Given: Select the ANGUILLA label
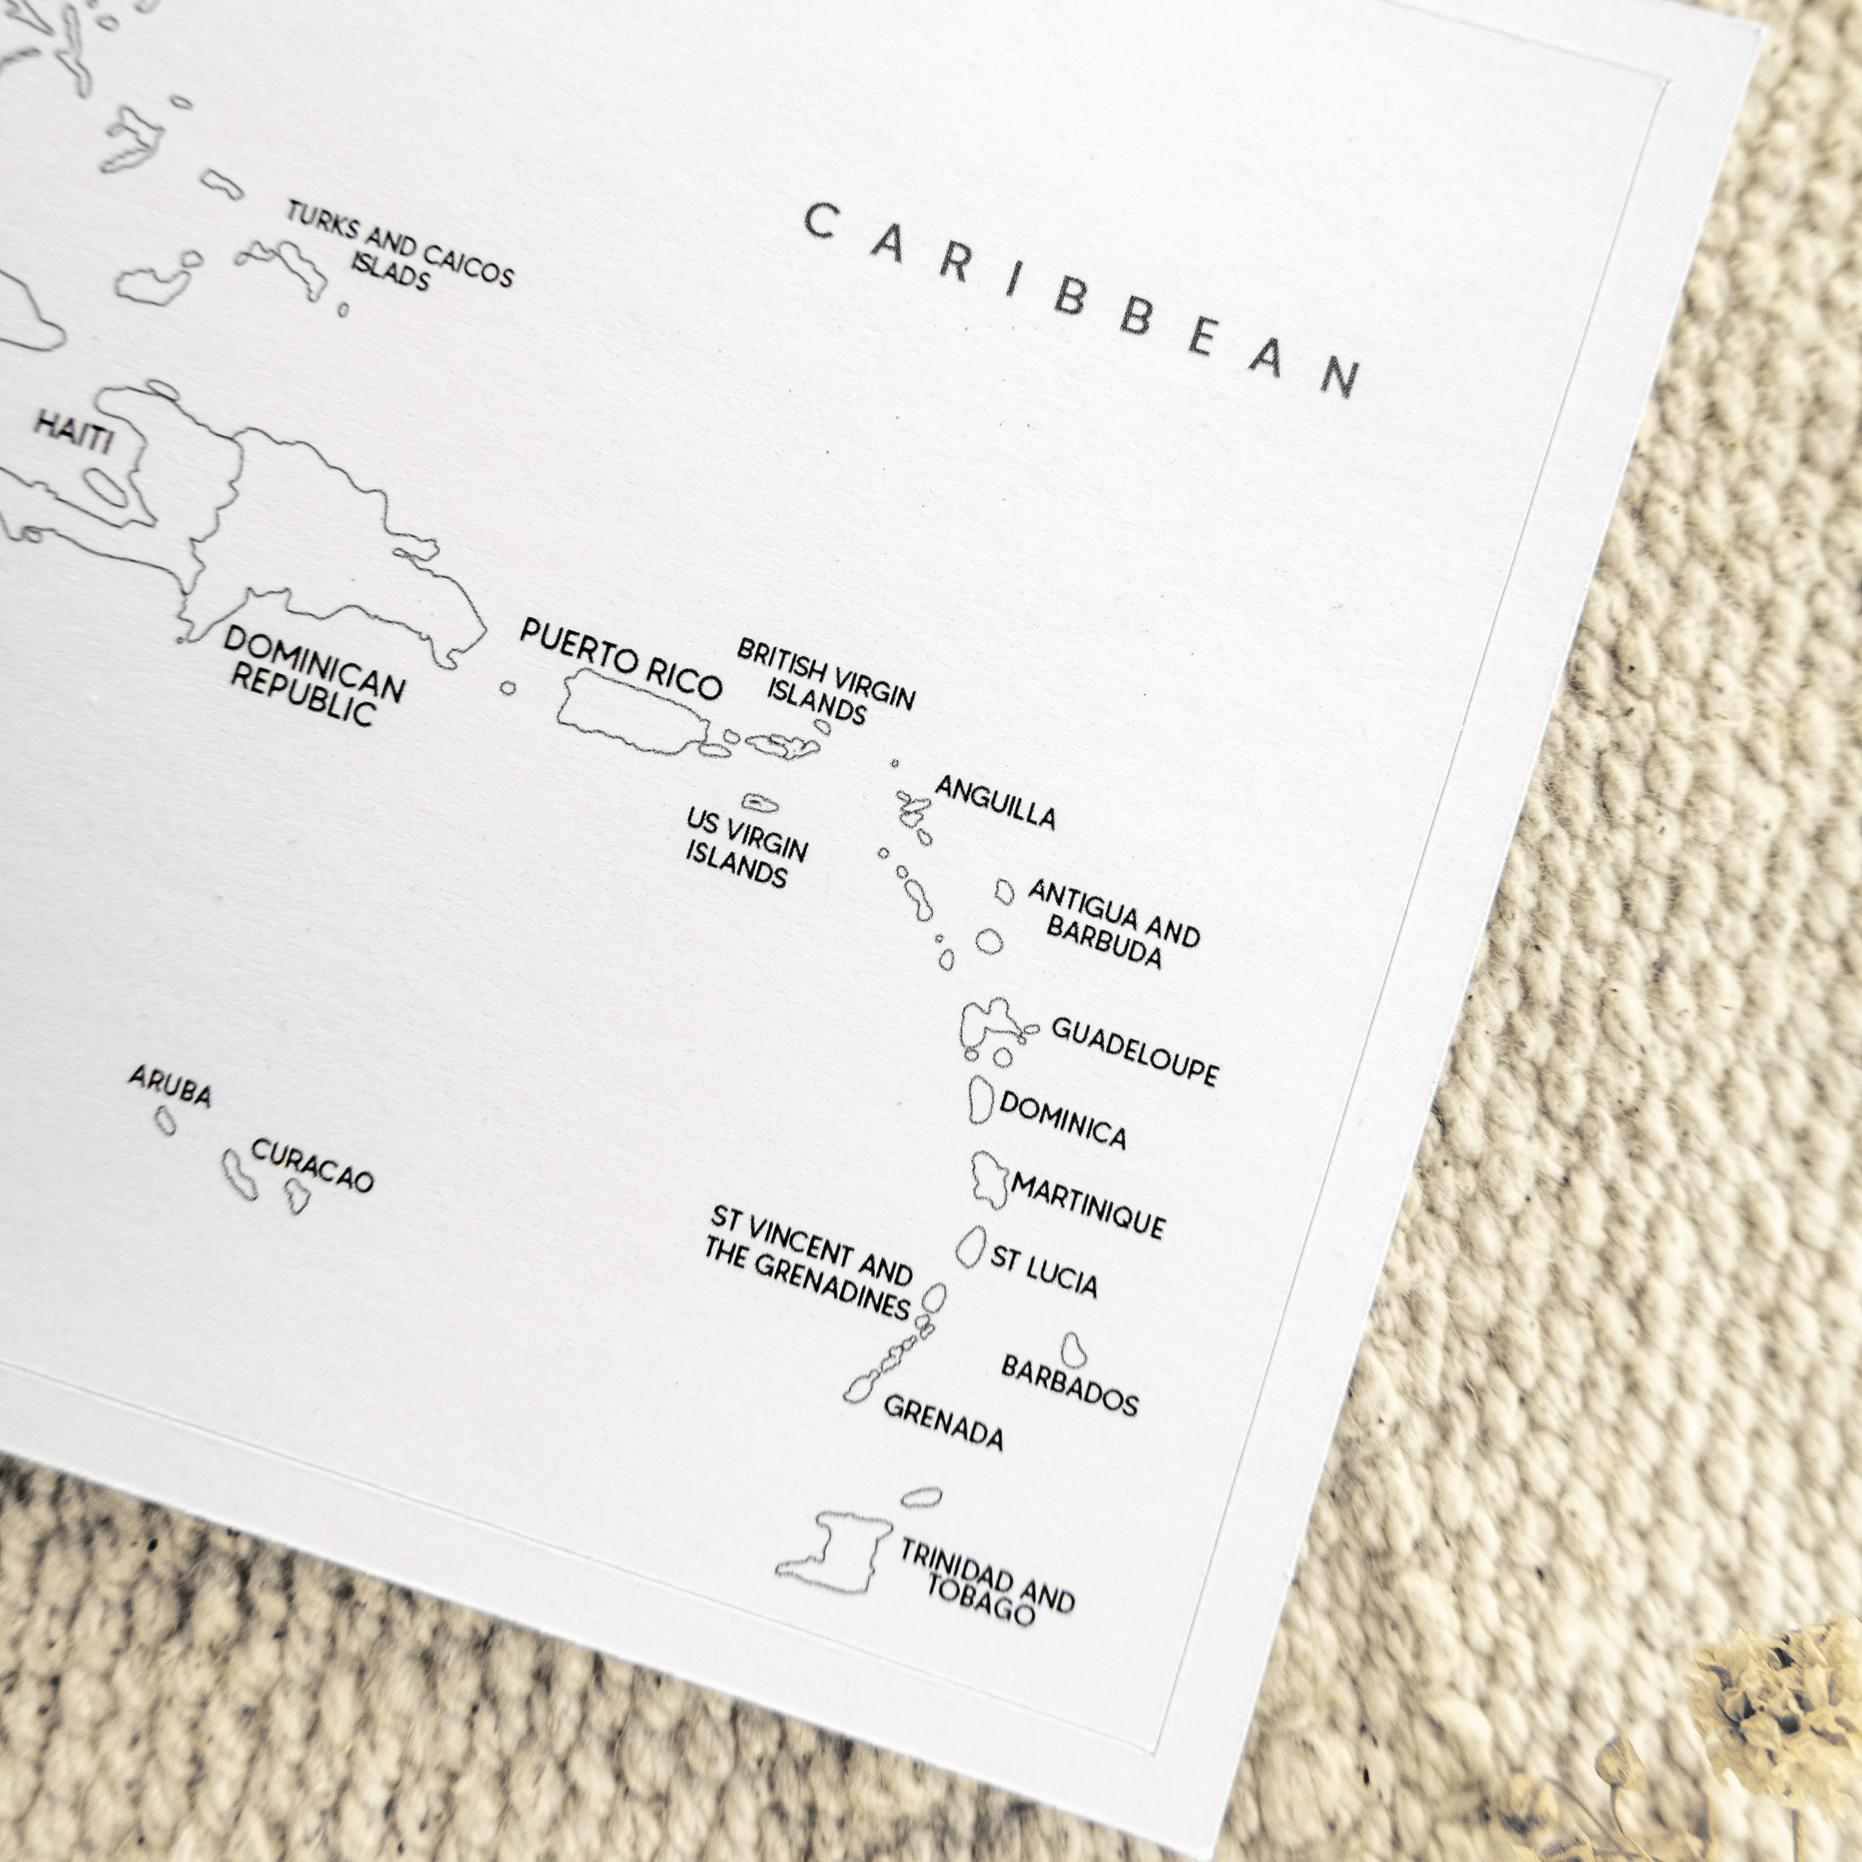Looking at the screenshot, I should tap(994, 803).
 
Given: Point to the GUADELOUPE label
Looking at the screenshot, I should tap(1135, 1051).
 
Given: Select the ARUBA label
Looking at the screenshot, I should tap(169, 1086).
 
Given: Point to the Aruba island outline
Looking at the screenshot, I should tap(166, 1120).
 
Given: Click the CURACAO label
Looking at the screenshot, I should tap(312, 1164).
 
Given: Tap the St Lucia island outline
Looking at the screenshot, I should tap(971, 1246).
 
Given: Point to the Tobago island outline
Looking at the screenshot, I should tap(921, 1496).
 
